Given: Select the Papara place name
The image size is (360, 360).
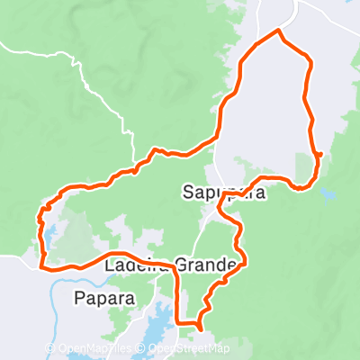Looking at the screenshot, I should pos(111,298).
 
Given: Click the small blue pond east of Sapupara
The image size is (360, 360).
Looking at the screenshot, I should pos(326,193).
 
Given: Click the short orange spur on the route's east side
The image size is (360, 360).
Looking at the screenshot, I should pos(320,155).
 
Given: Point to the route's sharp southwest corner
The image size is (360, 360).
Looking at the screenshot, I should pos(42,265).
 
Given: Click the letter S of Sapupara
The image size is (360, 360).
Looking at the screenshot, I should pos(187,192).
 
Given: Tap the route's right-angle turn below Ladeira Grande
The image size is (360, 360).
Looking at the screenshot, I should pos(177,321).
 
